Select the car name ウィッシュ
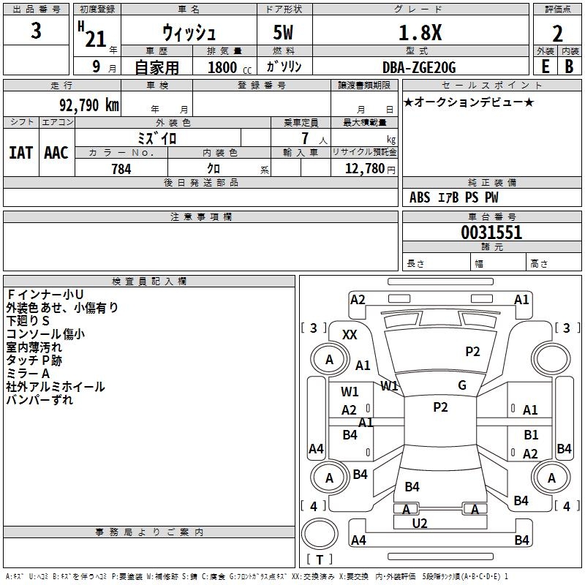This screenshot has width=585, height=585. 189,32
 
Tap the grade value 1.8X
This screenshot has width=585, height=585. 420,32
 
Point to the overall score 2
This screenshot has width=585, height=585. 557,34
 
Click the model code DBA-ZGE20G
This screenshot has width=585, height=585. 420,67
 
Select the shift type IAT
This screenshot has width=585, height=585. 20,152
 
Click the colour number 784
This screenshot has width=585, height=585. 121,169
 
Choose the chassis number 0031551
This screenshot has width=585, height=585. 491,233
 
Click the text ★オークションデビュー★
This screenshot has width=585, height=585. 469,102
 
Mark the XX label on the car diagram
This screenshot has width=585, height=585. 350,334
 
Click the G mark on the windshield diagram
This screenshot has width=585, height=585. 462,385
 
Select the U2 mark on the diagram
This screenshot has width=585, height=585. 420,523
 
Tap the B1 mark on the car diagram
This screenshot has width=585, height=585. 531,435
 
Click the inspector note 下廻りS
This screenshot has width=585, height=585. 29,321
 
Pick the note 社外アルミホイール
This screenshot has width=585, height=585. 56,387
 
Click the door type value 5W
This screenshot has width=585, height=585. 284,32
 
